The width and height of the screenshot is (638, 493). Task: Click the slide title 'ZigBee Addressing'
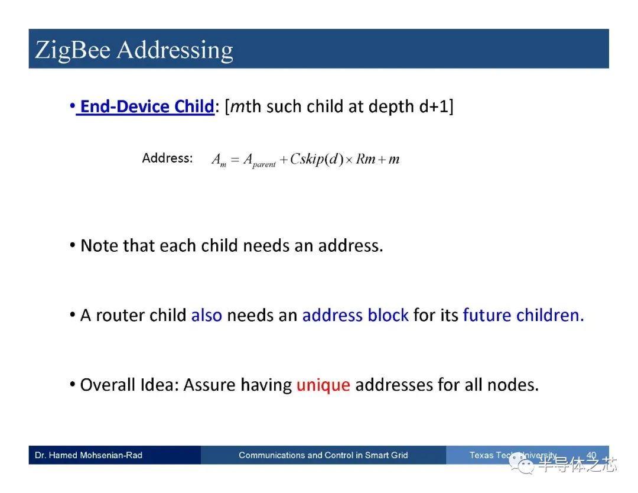tap(134, 50)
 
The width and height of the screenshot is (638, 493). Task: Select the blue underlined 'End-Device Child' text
tap(147, 106)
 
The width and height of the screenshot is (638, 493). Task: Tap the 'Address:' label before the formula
tap(167, 158)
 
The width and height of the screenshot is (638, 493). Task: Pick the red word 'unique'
tap(323, 385)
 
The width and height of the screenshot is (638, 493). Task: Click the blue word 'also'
tap(206, 315)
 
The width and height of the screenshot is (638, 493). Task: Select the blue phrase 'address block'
tap(355, 315)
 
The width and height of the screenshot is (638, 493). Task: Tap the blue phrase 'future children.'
tap(523, 315)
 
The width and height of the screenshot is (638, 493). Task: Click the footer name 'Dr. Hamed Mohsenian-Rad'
tap(89, 455)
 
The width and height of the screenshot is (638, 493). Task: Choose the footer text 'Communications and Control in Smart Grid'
tap(323, 455)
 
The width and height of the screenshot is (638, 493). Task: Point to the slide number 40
tap(591, 455)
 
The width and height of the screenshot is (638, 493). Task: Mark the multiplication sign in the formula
tap(349, 160)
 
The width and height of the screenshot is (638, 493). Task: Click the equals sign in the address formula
tap(235, 160)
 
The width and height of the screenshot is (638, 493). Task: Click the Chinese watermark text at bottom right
tap(576, 465)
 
